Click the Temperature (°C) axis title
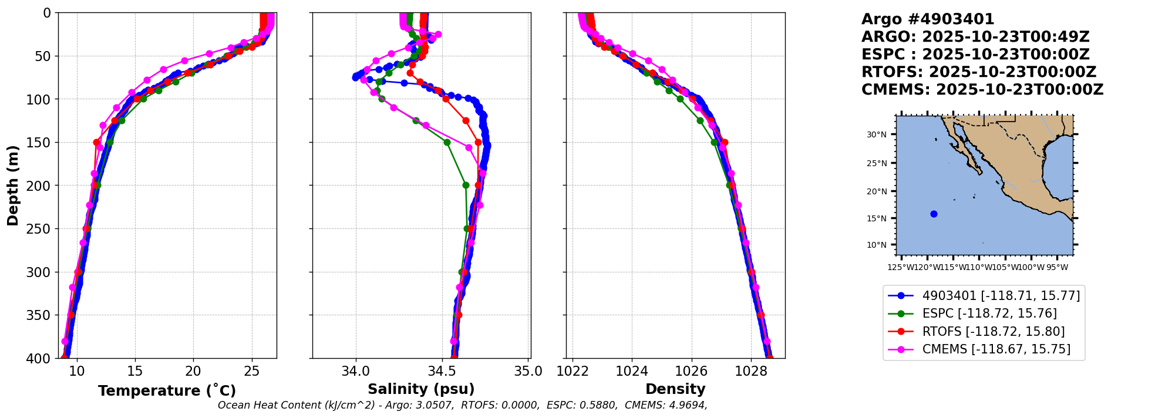click(x=167, y=391)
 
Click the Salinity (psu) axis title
click(x=421, y=389)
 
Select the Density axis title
click(x=675, y=389)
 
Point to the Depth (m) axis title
click(x=13, y=186)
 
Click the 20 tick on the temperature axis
click(x=193, y=372)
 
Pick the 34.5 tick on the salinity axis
click(x=442, y=372)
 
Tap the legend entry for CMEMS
click(x=996, y=349)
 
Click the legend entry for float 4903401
click(x=1001, y=296)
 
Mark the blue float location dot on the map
click(x=934, y=214)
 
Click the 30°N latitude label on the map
click(x=877, y=134)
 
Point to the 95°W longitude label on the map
click(x=1057, y=268)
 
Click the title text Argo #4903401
click(x=928, y=19)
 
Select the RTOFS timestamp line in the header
click(x=978, y=72)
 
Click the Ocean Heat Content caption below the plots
click(x=462, y=405)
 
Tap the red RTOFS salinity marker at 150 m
click(x=478, y=142)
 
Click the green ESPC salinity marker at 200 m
click(x=466, y=185)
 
